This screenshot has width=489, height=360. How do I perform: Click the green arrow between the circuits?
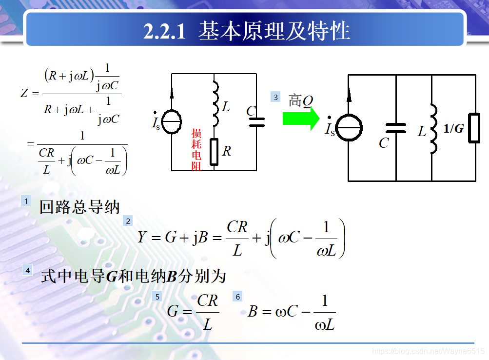click(300, 119)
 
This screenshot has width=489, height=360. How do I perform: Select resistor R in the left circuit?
click(214, 152)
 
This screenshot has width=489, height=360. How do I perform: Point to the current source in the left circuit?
click(172, 121)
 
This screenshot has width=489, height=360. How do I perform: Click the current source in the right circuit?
click(350, 128)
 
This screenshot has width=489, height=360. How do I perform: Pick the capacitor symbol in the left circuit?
click(256, 122)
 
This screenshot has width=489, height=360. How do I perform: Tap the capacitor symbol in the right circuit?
click(396, 128)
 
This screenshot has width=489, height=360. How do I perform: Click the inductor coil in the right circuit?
click(433, 129)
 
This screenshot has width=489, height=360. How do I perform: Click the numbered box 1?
click(26, 200)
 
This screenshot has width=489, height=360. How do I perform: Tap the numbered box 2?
click(128, 221)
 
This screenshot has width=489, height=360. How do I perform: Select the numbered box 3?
click(275, 97)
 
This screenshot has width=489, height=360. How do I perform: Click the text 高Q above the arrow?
click(300, 100)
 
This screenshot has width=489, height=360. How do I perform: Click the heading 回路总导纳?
click(79, 207)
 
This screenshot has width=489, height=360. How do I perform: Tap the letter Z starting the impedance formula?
click(24, 93)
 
